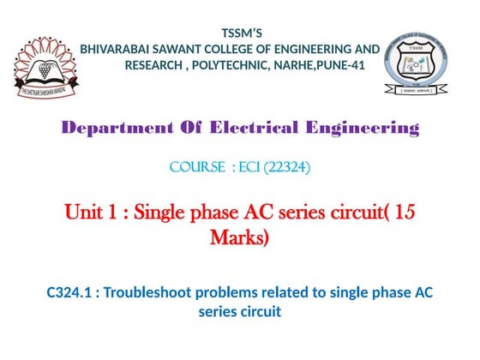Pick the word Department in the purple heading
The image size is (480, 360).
111,129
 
